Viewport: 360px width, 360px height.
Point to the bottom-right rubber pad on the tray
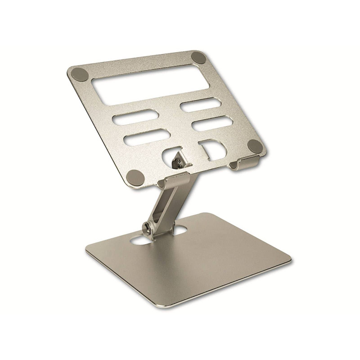click(x=255, y=145)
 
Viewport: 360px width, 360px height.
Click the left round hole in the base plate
click(x=139, y=239)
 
